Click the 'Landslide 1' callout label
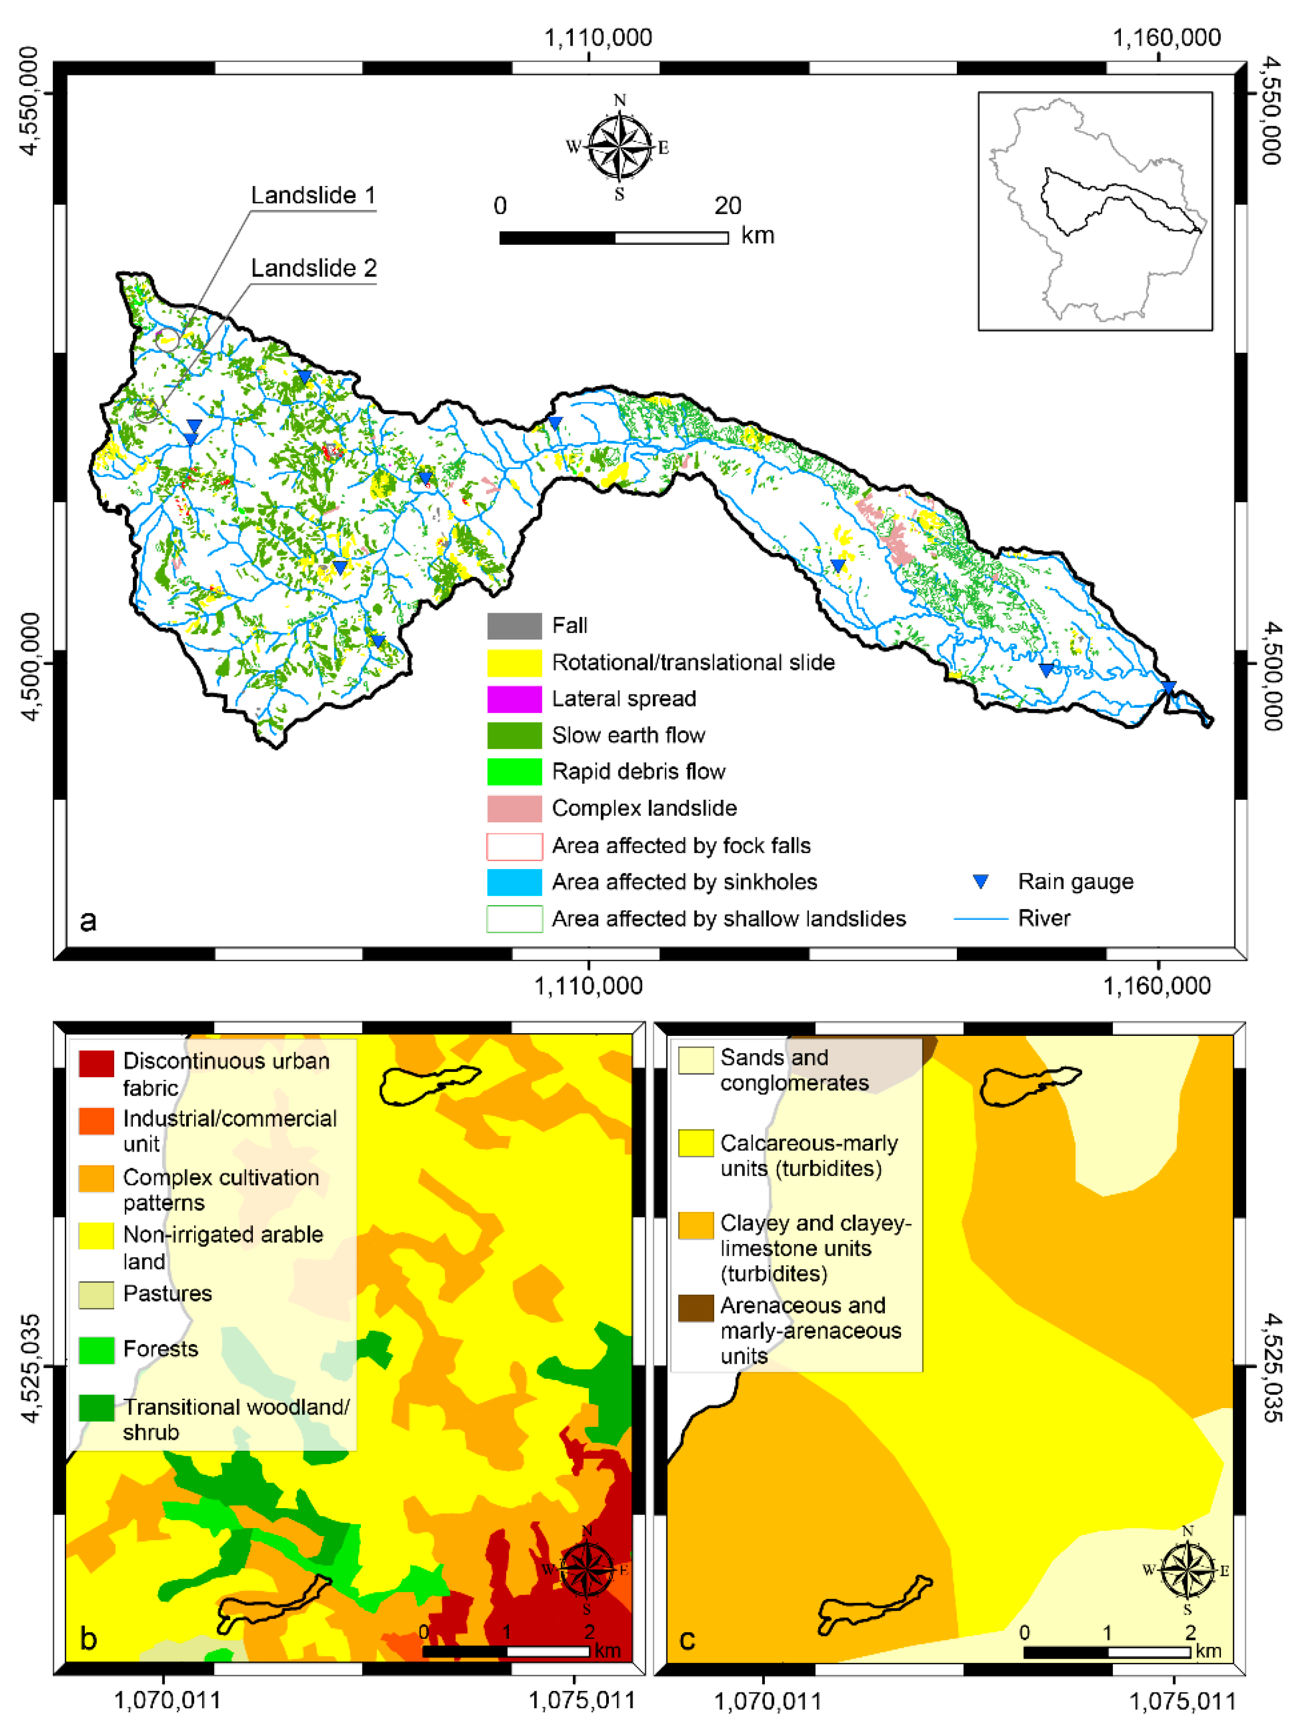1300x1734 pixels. [313, 195]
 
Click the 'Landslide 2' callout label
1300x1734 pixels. [313, 268]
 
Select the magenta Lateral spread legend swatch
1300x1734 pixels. [514, 699]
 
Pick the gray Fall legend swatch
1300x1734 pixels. [514, 626]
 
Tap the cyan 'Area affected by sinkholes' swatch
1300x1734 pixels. [514, 882]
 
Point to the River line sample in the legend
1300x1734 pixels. [980, 918]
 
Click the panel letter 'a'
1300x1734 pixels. [88, 920]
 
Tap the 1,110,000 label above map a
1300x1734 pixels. [598, 38]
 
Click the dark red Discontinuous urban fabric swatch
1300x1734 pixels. [96, 1064]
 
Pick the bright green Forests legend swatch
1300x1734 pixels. [96, 1350]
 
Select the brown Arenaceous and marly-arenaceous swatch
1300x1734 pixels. [695, 1307]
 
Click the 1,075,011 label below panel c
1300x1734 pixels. [1182, 1701]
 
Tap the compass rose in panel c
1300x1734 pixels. [1187, 1570]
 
